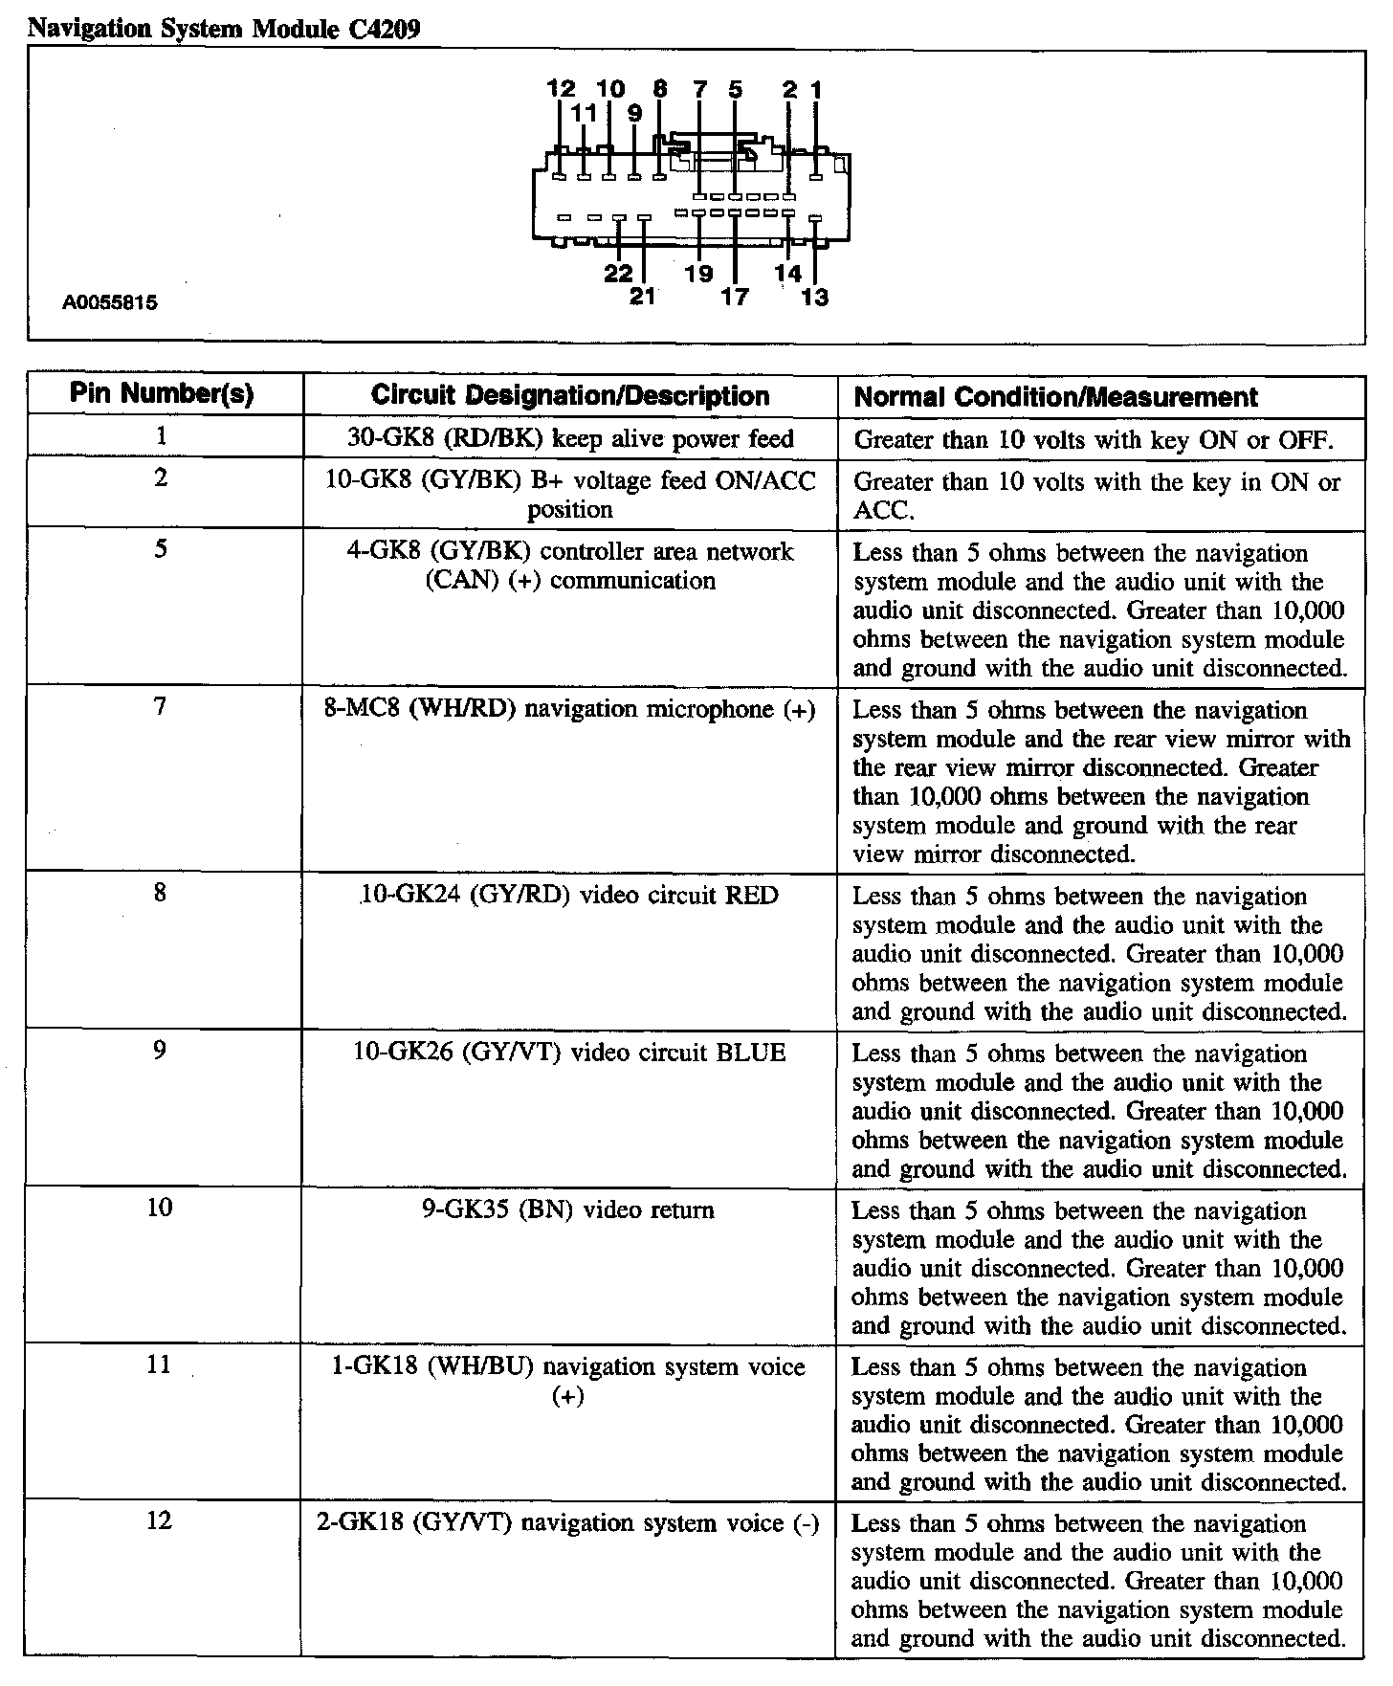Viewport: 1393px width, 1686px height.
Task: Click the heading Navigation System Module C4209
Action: pos(224,30)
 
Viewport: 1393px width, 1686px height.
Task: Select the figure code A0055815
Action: pos(110,303)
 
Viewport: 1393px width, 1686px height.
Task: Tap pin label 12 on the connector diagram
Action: pos(561,90)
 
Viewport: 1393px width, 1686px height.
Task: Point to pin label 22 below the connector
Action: pos(618,275)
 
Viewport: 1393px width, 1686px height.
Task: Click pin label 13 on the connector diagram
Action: pos(814,298)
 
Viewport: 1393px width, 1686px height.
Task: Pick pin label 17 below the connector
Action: pos(734,298)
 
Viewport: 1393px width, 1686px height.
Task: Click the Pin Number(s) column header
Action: pos(162,394)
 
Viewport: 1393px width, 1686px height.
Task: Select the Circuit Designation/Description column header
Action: pos(569,396)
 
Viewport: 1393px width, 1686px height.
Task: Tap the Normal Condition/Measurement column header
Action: pos(1055,397)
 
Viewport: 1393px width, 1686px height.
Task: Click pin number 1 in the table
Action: pos(161,436)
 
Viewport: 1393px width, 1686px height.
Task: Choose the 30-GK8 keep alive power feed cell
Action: pos(569,439)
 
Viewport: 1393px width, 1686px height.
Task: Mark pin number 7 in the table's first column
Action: pos(160,707)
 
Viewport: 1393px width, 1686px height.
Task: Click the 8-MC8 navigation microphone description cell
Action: pos(569,709)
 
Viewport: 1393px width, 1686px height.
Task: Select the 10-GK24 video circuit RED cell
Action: pos(569,896)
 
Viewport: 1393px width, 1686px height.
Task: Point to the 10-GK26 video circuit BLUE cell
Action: pos(569,1053)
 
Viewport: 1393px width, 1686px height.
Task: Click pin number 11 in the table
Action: pos(159,1365)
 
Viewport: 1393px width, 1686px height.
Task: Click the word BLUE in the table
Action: pos(751,1053)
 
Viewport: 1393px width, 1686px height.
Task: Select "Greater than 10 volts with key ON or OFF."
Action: pos(1093,440)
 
